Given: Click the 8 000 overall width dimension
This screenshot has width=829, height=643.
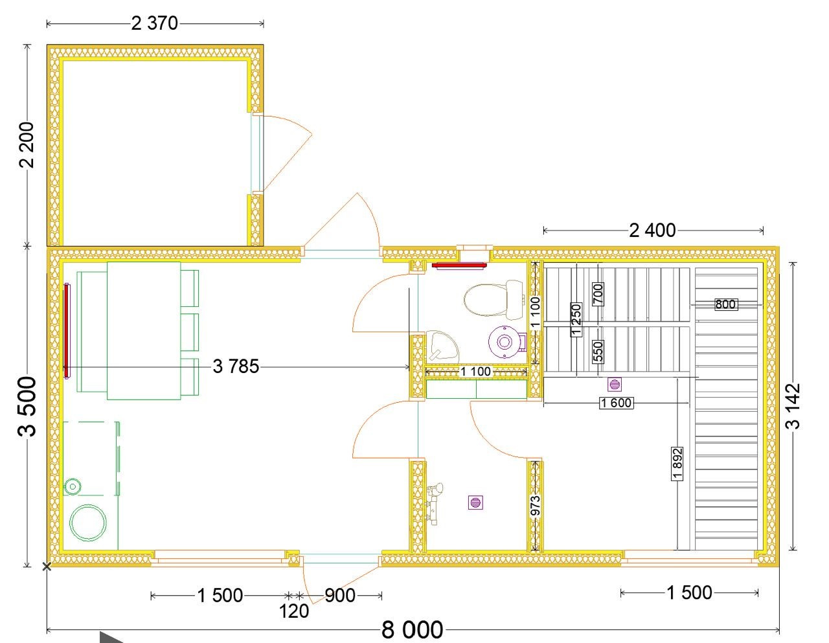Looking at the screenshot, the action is [412, 629].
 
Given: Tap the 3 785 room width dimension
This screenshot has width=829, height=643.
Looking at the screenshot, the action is [236, 367].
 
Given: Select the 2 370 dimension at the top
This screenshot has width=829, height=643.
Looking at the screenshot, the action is [155, 23].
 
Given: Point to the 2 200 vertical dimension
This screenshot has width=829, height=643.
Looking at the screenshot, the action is [27, 145].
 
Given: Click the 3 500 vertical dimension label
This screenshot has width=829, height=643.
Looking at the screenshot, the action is [27, 407].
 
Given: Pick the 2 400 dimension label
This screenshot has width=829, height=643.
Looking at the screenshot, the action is [652, 231].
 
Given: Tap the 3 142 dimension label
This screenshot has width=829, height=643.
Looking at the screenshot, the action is [793, 406].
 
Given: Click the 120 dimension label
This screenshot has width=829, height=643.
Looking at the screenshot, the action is [294, 611].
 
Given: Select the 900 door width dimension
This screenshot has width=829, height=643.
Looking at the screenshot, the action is [340, 595].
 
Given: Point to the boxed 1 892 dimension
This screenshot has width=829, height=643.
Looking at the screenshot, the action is [677, 464].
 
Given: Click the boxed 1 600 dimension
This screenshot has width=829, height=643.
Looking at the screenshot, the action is [617, 403].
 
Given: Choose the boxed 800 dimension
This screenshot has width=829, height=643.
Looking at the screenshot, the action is [725, 304].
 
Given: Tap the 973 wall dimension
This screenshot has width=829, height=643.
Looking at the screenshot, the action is [536, 505].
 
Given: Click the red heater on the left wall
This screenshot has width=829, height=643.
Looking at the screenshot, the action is [66, 331].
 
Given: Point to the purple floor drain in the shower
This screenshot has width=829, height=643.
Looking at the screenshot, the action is [475, 502].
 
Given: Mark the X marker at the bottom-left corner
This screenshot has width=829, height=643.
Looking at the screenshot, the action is [47, 567].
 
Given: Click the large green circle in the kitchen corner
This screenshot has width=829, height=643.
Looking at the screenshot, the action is [87, 523].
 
